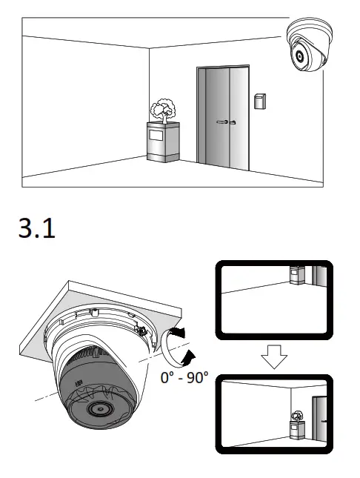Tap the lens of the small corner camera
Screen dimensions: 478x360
[299, 56]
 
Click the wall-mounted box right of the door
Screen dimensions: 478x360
[259, 101]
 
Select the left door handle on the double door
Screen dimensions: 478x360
[220, 120]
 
